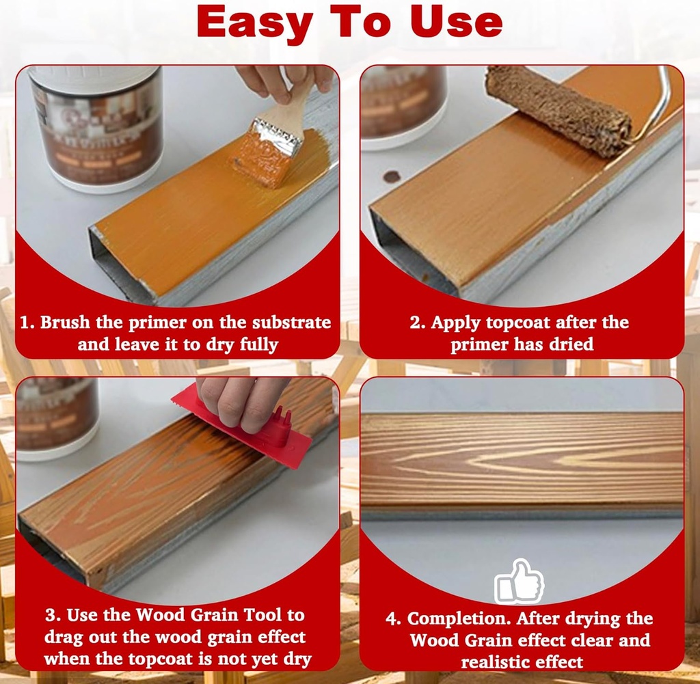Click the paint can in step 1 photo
pyautogui.click(x=96, y=126)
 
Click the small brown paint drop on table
pyautogui.click(x=392, y=176)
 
